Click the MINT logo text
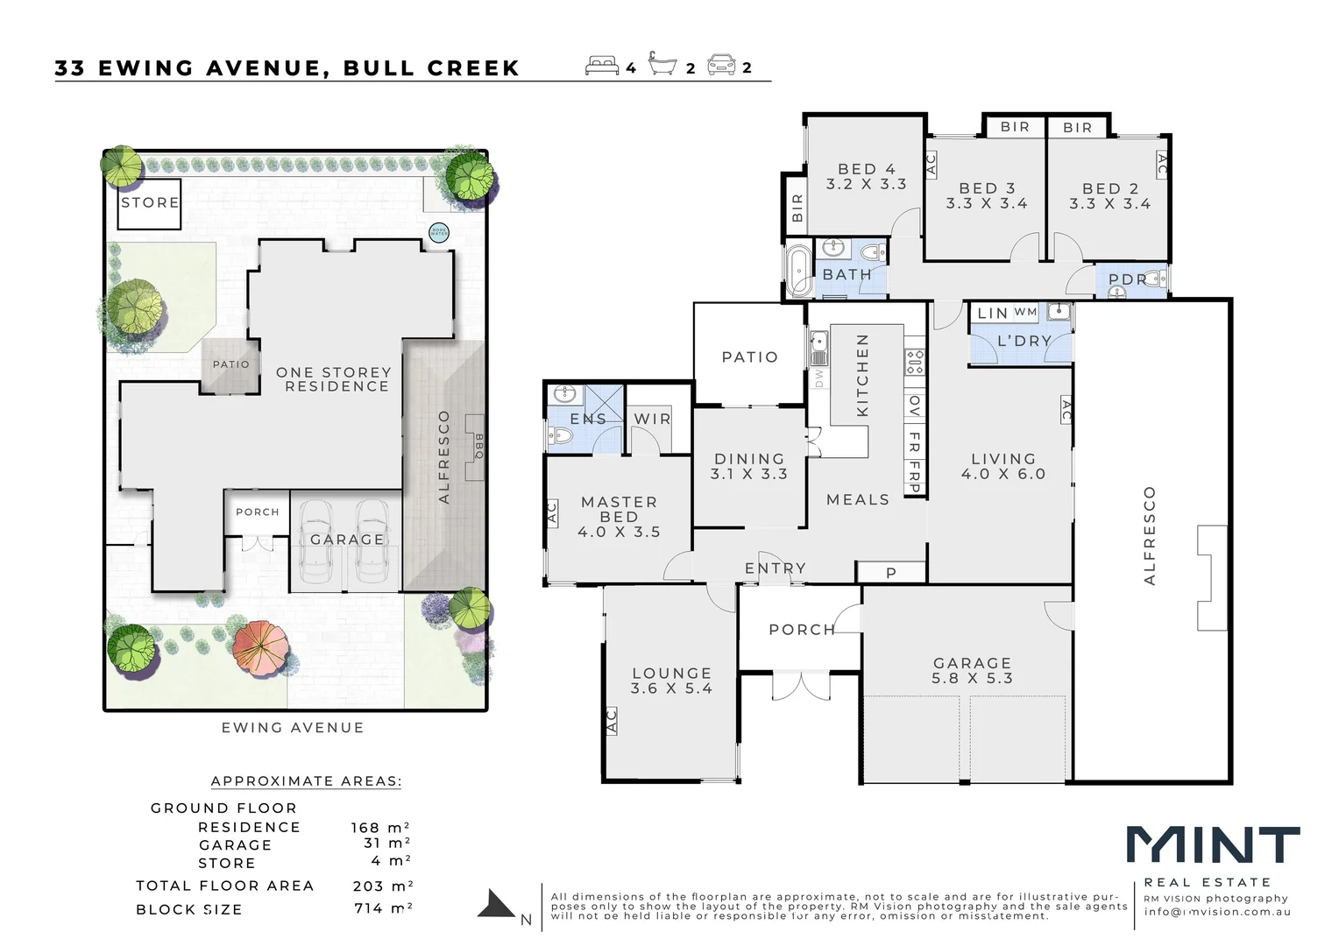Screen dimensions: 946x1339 click(1213, 846)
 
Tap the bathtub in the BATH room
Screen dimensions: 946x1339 click(798, 271)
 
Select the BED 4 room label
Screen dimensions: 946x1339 click(866, 176)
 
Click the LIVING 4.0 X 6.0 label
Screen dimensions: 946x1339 click(1003, 466)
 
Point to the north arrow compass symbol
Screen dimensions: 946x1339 click(498, 905)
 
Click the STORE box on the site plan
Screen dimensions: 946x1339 click(149, 203)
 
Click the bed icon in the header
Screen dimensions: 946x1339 click(602, 66)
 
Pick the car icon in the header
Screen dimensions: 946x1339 click(722, 65)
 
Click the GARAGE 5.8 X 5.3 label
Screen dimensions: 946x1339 click(972, 671)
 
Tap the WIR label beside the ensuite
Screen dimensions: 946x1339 click(652, 420)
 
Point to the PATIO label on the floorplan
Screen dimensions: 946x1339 click(750, 357)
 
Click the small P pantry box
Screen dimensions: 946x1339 click(891, 573)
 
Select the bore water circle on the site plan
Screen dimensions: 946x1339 click(438, 232)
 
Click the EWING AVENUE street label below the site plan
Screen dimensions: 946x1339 click(293, 728)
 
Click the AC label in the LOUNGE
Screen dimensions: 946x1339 click(612, 721)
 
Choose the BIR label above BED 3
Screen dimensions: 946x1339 click(1015, 127)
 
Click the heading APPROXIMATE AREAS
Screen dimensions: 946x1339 click(306, 781)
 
